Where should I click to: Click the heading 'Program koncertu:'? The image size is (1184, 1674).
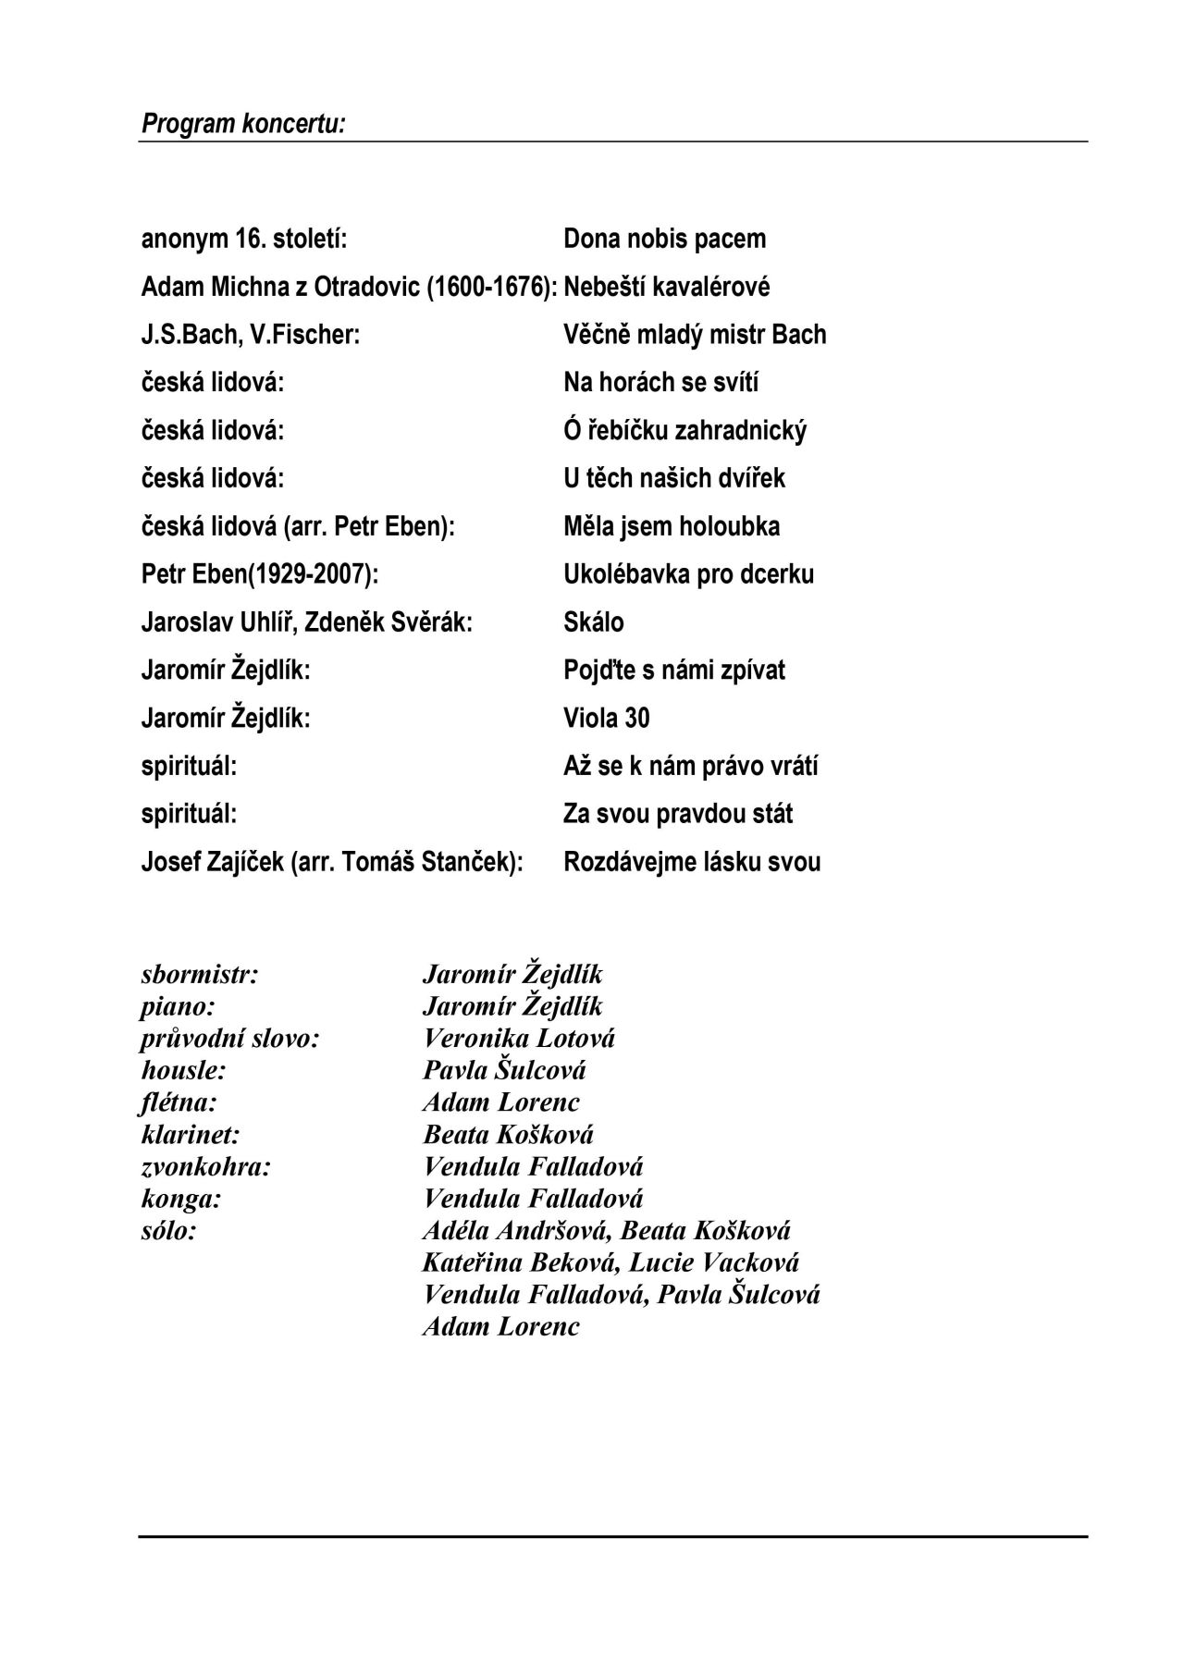click(x=243, y=124)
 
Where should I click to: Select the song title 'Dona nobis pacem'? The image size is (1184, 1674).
click(x=664, y=239)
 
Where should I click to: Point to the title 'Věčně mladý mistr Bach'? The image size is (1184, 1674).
click(x=695, y=335)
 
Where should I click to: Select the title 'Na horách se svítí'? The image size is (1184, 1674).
click(x=660, y=383)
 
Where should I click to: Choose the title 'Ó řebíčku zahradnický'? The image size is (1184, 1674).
click(x=684, y=431)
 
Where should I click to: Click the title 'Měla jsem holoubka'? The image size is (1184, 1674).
click(x=671, y=527)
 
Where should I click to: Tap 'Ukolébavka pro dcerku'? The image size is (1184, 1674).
click(x=688, y=574)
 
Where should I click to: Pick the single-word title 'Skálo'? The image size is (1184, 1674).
click(x=593, y=622)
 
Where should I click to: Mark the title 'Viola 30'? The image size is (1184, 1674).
click(x=606, y=719)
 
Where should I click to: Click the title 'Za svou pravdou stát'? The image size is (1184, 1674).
click(x=678, y=815)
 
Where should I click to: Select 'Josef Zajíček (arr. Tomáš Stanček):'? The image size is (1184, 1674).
click(x=332, y=863)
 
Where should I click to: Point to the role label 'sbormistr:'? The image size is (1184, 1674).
click(x=199, y=975)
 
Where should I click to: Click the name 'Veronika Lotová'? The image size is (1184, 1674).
click(x=518, y=1039)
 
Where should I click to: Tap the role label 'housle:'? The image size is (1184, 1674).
click(x=183, y=1071)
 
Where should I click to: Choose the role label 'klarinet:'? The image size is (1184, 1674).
click(x=190, y=1135)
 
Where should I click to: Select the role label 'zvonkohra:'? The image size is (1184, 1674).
click(x=205, y=1167)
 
